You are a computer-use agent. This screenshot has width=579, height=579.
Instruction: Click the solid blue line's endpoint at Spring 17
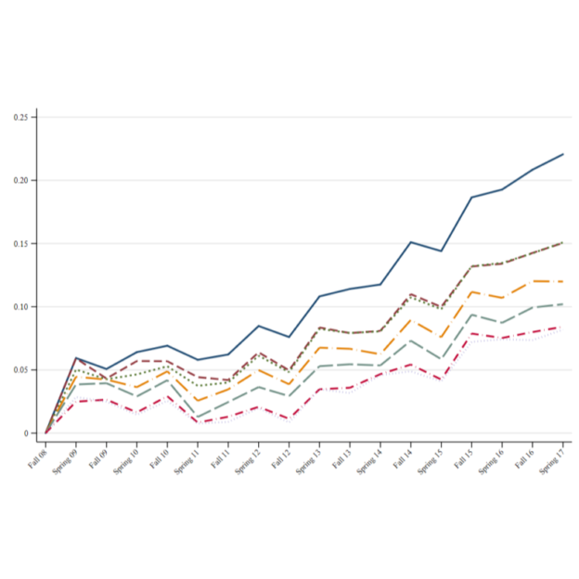click(563, 154)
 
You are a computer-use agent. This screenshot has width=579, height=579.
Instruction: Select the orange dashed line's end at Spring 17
click(563, 281)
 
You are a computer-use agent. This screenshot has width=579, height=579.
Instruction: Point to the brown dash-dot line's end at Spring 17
click(563, 242)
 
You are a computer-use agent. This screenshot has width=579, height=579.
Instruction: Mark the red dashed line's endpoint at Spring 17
click(563, 327)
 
